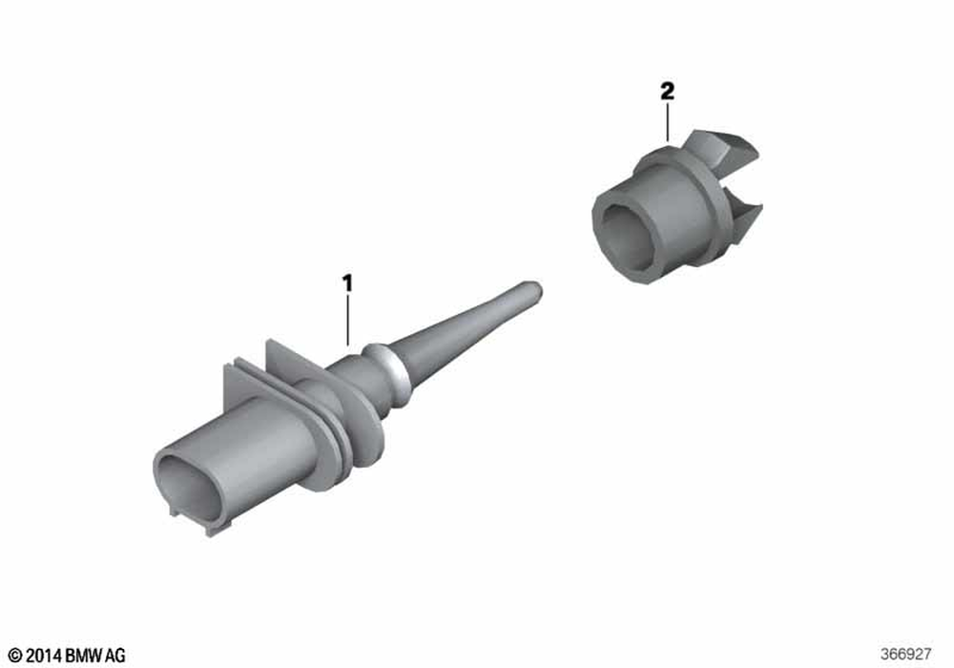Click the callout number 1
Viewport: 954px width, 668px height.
click(347, 283)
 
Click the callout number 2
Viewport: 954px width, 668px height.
click(668, 92)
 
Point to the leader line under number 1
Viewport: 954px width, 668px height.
click(347, 320)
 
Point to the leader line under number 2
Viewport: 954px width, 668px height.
click(668, 122)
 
